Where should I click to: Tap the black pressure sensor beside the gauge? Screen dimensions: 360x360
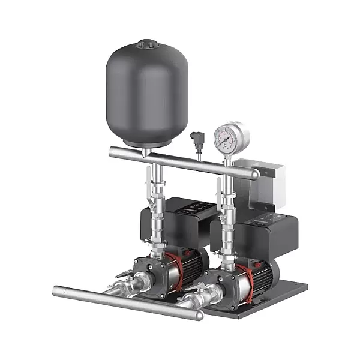[196, 140]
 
